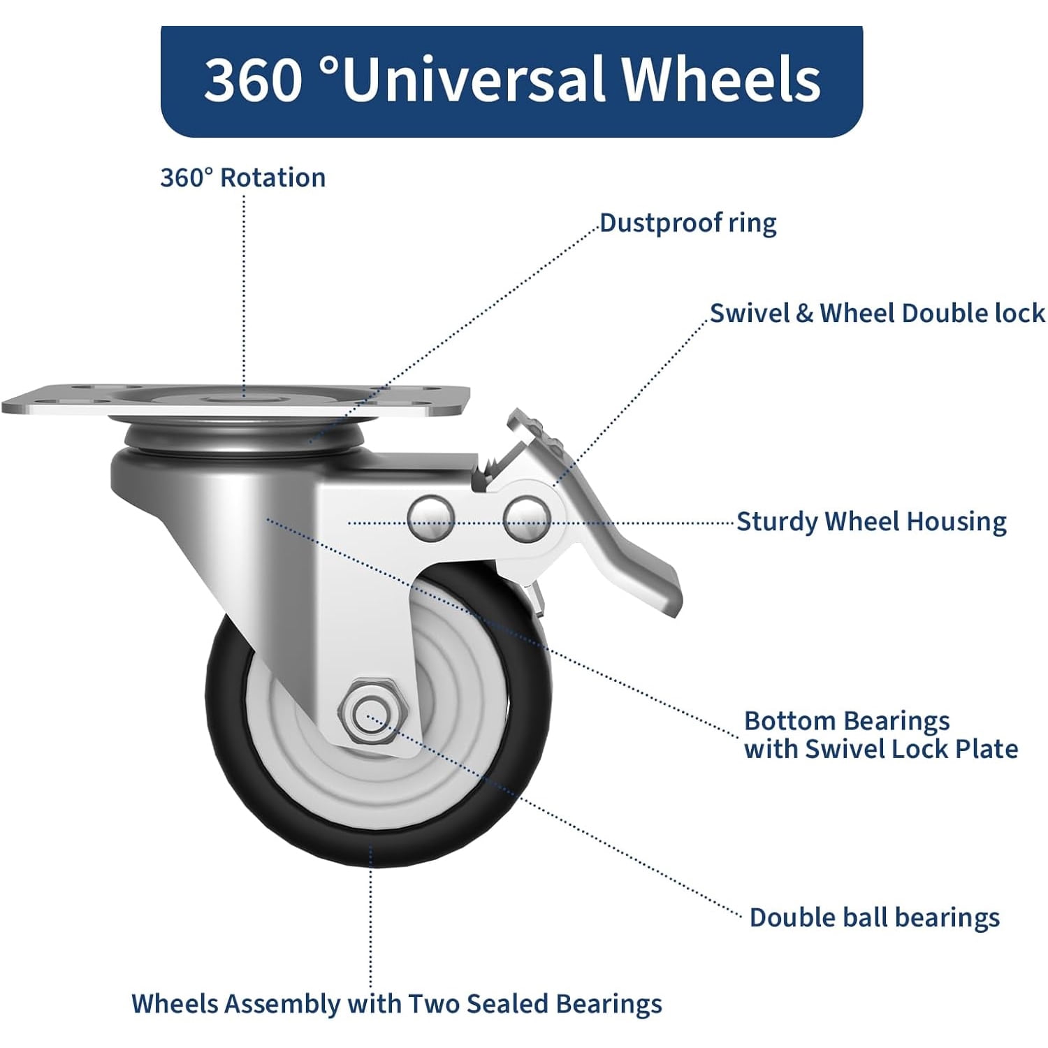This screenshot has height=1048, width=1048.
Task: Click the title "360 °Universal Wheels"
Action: point(512,79)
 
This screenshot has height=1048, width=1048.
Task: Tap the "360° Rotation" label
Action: point(243,177)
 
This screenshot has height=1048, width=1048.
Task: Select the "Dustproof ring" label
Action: point(688,223)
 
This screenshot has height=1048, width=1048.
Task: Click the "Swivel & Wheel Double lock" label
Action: point(878,313)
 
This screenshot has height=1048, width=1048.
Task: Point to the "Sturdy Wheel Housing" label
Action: point(872,522)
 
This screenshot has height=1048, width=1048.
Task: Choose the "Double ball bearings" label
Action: point(875,917)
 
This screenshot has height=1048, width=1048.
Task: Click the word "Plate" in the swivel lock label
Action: point(987,749)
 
